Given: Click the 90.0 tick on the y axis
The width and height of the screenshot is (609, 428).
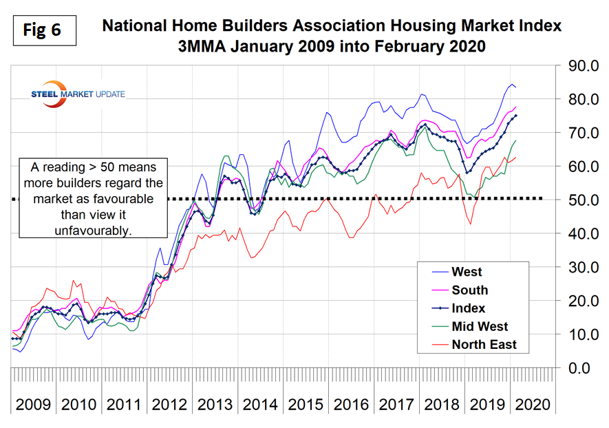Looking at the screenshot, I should point(577,67).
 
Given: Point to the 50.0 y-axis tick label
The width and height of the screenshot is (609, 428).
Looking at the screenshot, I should point(577,200).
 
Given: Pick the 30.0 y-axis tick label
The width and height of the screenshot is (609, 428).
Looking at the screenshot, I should point(577,268).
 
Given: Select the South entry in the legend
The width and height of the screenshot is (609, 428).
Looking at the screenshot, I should point(469,290).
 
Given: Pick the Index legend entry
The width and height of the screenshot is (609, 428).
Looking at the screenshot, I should point(468,308).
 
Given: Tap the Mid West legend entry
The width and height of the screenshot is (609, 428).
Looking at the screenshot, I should point(480,326).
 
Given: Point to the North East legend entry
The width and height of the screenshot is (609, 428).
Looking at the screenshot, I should point(484,344).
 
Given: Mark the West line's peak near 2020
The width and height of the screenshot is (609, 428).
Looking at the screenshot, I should point(511,84).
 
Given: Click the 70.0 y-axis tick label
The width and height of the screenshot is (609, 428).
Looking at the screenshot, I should point(577,133).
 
